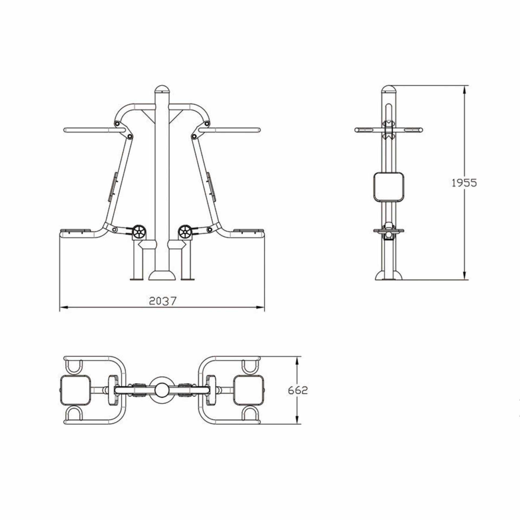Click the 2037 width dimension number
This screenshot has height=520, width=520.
pyautogui.click(x=163, y=301)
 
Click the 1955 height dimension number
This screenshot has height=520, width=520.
pyautogui.click(x=464, y=183)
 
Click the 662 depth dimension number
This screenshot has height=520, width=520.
pyautogui.click(x=298, y=390)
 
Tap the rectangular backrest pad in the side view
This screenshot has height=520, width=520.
pyautogui.click(x=389, y=187)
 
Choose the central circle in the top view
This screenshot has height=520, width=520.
pyautogui.click(x=162, y=390)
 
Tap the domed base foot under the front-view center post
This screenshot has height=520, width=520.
pyautogui.click(x=162, y=275)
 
